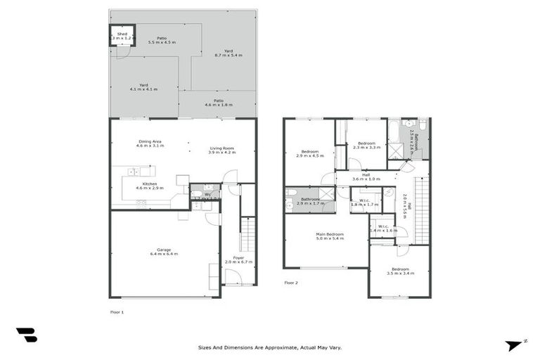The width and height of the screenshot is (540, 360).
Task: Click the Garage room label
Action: pyautogui.click(x=163, y=251)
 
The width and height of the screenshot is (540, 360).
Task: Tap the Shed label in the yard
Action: pyautogui.click(x=122, y=34)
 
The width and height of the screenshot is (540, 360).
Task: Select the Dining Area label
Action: pyautogui.click(x=150, y=143)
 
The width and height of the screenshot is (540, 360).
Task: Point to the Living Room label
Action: pyautogui.click(x=221, y=150)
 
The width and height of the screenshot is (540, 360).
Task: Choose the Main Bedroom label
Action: pyautogui.click(x=329, y=236)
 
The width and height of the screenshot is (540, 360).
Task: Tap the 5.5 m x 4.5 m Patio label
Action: pyautogui.click(x=162, y=40)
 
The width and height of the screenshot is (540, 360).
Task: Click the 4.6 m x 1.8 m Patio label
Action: pyautogui.click(x=219, y=103)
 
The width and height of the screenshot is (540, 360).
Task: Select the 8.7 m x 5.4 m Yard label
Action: pyautogui.click(x=229, y=53)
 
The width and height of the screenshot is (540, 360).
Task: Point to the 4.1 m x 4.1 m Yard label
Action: pyautogui.click(x=143, y=87)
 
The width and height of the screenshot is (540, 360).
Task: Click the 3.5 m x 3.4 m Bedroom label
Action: pyautogui.click(x=400, y=271)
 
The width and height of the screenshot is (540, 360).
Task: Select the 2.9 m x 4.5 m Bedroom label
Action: pyautogui.click(x=310, y=153)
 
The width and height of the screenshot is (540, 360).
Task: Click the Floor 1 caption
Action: pyautogui.click(x=117, y=311)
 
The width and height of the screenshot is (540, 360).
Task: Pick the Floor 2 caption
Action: pyautogui.click(x=291, y=283)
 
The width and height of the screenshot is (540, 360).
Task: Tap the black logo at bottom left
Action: pyautogui.click(x=26, y=335)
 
